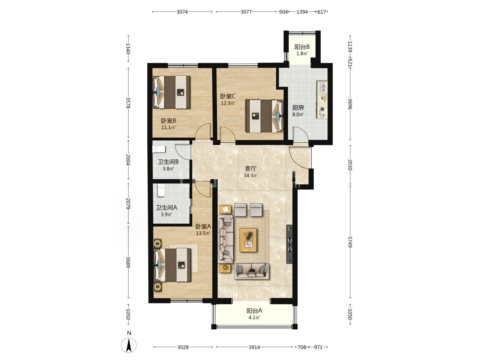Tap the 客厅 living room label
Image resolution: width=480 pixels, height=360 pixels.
pyautogui.click(x=251, y=169)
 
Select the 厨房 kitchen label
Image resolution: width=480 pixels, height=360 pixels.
pyautogui.click(x=298, y=108)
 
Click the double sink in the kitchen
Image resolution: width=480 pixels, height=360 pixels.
pyautogui.click(x=322, y=87)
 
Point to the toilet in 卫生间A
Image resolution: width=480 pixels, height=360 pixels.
pyautogui.click(x=161, y=190)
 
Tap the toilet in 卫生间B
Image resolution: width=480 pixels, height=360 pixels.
pyautogui.click(x=159, y=149)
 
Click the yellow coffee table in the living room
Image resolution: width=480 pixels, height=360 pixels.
pyautogui.click(x=248, y=240)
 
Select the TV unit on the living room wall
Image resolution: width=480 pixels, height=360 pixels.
pyautogui.click(x=289, y=244)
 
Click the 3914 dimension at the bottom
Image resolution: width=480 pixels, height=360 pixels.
pyautogui.click(x=254, y=347)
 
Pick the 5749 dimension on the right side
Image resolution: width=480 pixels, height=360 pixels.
pyautogui.click(x=350, y=242)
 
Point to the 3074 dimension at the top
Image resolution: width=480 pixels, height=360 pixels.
pyautogui.click(x=182, y=12)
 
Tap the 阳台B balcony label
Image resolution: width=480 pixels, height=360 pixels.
pyautogui.click(x=302, y=47)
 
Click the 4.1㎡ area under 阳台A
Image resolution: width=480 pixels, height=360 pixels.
pyautogui.click(x=254, y=317)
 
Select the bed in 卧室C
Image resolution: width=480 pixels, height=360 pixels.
pyautogui.click(x=264, y=116)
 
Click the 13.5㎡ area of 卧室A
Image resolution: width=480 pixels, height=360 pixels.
pyautogui.click(x=203, y=233)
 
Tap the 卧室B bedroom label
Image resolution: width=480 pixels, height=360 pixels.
pyautogui.click(x=169, y=121)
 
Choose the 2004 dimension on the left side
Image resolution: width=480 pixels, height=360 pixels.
pyautogui.click(x=128, y=160)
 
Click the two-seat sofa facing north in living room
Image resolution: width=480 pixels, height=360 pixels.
pyautogui.click(x=251, y=271)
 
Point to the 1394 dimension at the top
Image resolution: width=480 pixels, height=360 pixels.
pyautogui.click(x=302, y=12)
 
